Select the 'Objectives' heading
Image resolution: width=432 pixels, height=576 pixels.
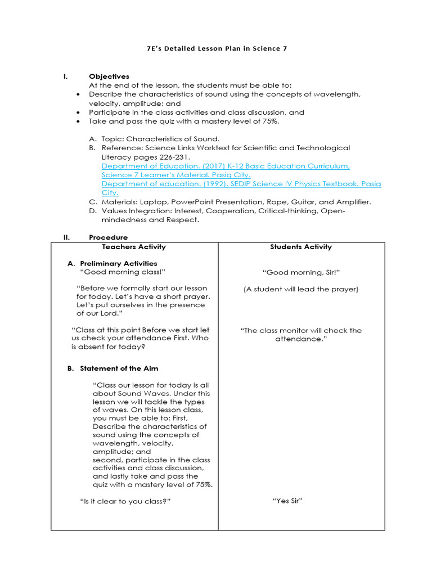(109, 76)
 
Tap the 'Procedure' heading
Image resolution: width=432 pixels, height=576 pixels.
(108, 237)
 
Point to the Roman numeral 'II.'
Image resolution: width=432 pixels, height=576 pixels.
(66, 237)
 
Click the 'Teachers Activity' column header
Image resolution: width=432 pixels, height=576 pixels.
(134, 247)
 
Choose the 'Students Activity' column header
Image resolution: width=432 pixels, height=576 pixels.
(301, 247)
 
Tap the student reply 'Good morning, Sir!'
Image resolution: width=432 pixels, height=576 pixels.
(301, 273)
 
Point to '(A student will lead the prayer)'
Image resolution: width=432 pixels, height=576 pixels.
(301, 289)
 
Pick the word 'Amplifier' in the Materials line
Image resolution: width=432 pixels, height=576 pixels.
(351, 202)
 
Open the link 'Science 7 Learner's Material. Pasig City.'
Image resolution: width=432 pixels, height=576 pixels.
(176, 175)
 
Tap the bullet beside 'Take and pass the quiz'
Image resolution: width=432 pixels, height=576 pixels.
(77, 121)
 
